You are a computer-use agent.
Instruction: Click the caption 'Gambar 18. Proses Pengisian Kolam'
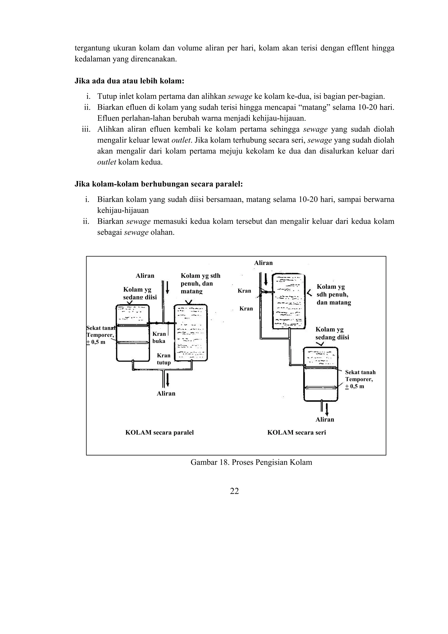coord(251,462)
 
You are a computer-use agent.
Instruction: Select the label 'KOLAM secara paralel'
coord(159,432)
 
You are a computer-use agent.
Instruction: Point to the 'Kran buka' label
coord(159,337)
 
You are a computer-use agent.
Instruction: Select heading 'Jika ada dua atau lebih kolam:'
coord(129,81)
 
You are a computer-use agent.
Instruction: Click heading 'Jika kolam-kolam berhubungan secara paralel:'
coord(159,184)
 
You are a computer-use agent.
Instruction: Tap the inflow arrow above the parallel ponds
coord(167,288)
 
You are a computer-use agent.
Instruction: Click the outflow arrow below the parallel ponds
coord(168,380)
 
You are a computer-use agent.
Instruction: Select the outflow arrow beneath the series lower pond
coord(327,409)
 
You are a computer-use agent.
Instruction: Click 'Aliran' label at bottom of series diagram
coord(325,420)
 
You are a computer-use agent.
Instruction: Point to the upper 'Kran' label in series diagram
coord(244,291)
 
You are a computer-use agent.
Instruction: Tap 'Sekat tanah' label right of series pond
coord(360,372)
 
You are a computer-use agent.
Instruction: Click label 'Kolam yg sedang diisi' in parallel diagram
coord(140,293)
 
